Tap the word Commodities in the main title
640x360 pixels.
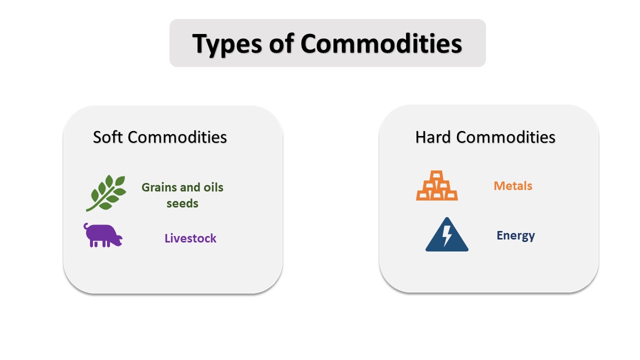tap(381, 43)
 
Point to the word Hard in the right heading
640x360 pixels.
tap(433, 137)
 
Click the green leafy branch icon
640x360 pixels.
tap(106, 193)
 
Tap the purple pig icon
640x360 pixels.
tap(103, 235)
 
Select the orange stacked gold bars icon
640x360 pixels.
tap(437, 186)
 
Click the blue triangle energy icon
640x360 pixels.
tap(447, 235)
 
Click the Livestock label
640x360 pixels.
tap(190, 238)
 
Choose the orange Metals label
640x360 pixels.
tap(513, 186)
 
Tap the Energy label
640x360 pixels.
tap(515, 235)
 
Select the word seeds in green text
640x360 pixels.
tap(182, 203)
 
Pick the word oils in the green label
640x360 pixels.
tap(213, 187)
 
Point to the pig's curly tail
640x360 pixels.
tap(86, 226)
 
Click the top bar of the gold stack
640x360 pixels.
tap(437, 175)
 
